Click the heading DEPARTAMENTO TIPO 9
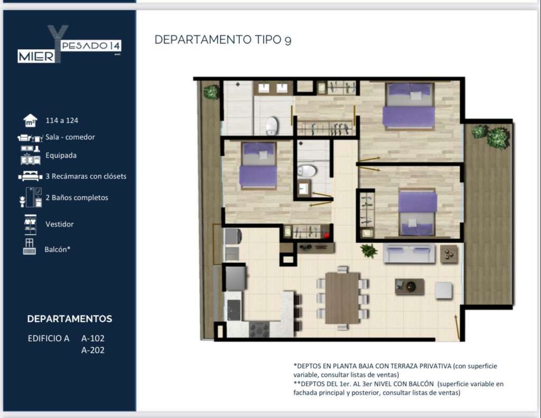pyautogui.click(x=223, y=40)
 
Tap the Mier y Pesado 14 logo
pyautogui.click(x=69, y=44)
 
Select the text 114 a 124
pyautogui.click(x=62, y=121)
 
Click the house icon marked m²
pyautogui.click(x=30, y=121)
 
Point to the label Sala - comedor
pyautogui.click(x=70, y=137)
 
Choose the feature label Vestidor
pyautogui.click(x=60, y=224)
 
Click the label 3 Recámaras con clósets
pyautogui.click(x=86, y=176)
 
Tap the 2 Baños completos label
pyautogui.click(x=77, y=197)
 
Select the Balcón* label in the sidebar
pyautogui.click(x=57, y=249)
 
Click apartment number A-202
pyautogui.click(x=93, y=350)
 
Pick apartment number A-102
pyautogui.click(x=93, y=339)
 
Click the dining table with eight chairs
pyautogui.click(x=342, y=298)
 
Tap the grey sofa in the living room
pyautogui.click(x=409, y=253)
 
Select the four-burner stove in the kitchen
pyautogui.click(x=259, y=329)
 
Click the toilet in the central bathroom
pyautogui.click(x=307, y=171)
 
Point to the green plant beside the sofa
pyautogui.click(x=369, y=250)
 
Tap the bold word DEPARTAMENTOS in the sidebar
pyautogui.click(x=70, y=319)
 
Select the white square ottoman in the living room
pyautogui.click(x=443, y=290)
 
